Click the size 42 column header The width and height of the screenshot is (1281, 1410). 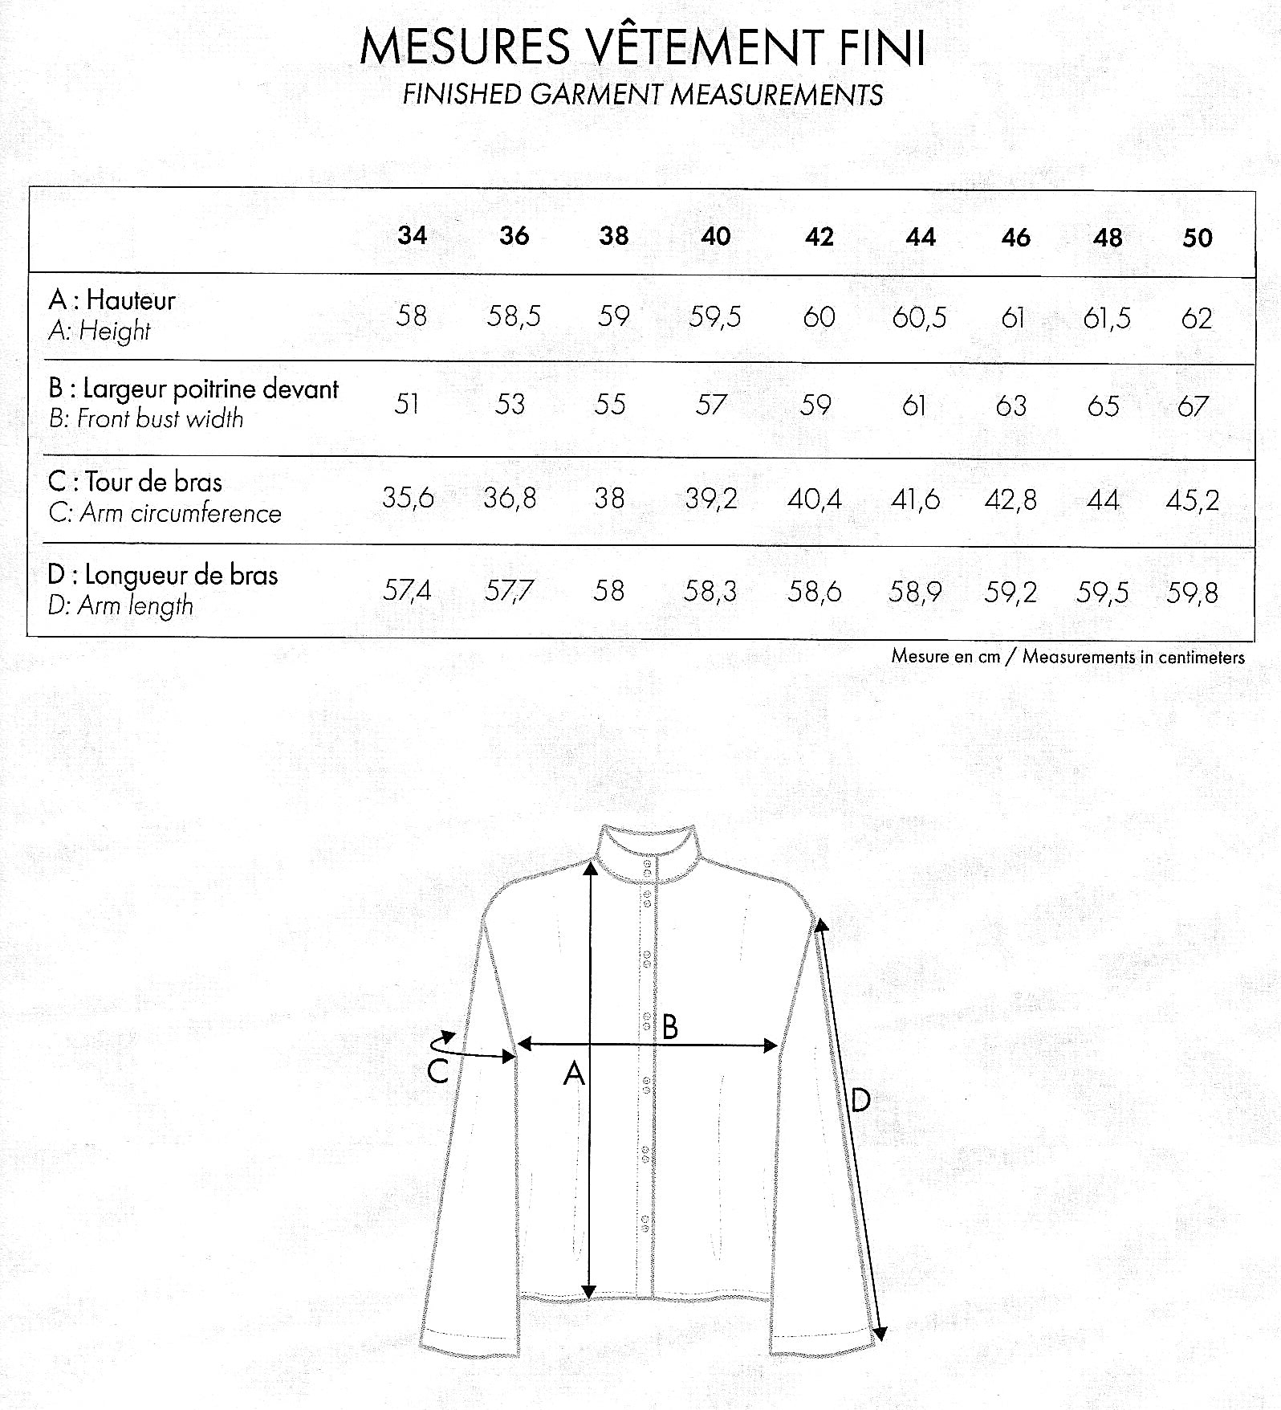coord(819,237)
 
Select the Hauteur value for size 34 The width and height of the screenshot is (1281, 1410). coord(411,316)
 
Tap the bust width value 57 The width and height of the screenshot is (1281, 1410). coord(710,405)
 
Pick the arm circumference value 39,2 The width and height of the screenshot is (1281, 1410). coord(710,499)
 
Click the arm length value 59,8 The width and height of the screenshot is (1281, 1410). coord(1192,593)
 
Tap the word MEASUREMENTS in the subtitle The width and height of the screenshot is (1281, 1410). coord(777,95)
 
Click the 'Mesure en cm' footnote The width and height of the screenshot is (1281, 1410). coord(946,656)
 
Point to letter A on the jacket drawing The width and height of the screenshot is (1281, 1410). coord(573,1073)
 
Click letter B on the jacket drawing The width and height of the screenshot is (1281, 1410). coord(669,1026)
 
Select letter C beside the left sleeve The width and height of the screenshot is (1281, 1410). coord(437,1070)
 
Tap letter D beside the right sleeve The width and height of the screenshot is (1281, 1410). coord(860,1099)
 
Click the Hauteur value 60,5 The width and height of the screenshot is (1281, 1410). coord(919,318)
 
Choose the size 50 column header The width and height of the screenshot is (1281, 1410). coord(1197,238)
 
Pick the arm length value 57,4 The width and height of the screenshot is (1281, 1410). coord(407,591)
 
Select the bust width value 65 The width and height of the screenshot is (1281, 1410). coord(1103,406)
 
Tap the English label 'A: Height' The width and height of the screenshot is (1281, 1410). coord(100,331)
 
